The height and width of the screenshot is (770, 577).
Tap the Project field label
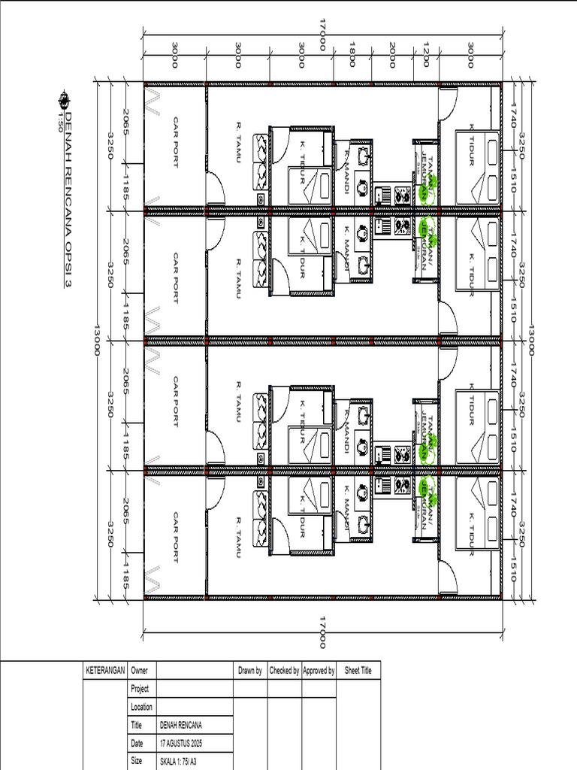pyautogui.click(x=140, y=689)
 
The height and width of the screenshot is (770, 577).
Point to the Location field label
pyautogui.click(x=142, y=707)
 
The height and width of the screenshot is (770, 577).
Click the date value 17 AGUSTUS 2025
pyautogui.click(x=181, y=744)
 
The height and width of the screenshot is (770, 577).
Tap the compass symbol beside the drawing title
pyautogui.click(x=65, y=98)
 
